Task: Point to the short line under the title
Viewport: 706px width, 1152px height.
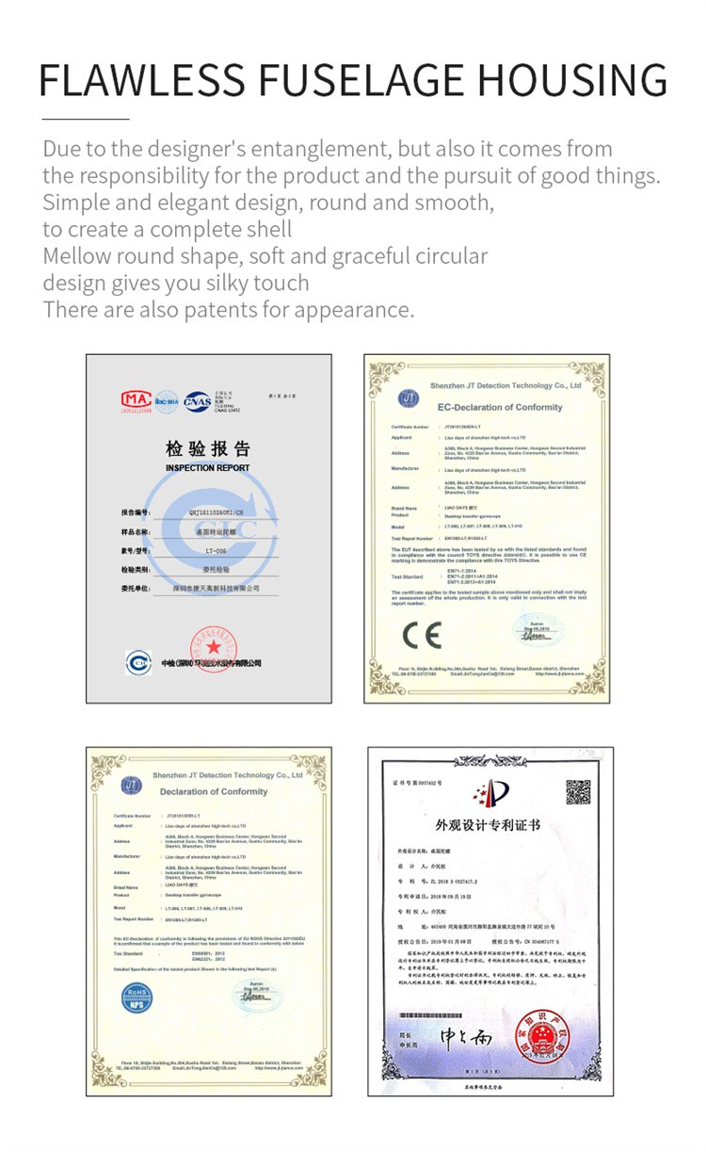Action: [x=86, y=120]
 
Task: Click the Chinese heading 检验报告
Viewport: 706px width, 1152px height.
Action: [x=208, y=447]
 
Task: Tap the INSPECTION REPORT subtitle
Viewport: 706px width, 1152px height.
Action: [x=208, y=468]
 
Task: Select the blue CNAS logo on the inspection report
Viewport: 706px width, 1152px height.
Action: [x=198, y=400]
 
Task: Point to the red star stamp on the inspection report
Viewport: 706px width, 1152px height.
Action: [x=213, y=647]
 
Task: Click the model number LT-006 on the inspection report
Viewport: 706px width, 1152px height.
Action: [x=217, y=549]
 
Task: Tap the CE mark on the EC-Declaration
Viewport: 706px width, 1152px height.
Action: [x=421, y=636]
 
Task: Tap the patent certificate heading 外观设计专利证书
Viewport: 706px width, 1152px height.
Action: [x=488, y=826]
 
